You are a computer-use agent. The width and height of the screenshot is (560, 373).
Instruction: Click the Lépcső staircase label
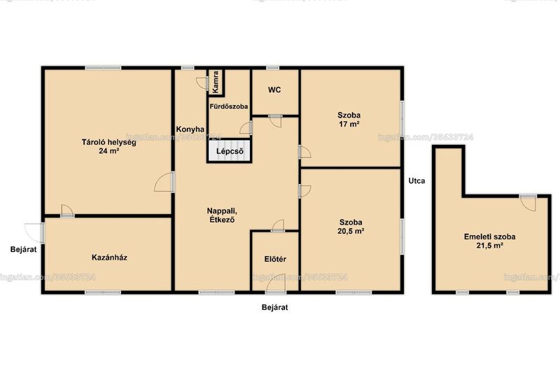pos(230,151)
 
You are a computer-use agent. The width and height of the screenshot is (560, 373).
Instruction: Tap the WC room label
pos(274,90)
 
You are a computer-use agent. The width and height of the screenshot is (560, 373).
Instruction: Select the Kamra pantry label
pos(216,82)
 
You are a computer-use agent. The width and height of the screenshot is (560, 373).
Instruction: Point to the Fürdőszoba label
pos(229,106)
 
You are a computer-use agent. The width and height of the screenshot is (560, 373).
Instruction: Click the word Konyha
pos(190,129)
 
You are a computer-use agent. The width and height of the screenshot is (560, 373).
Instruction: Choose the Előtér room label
pos(275,259)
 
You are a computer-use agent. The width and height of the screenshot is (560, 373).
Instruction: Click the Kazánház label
pos(109,258)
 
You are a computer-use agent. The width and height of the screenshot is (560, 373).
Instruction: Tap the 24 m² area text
pos(109,151)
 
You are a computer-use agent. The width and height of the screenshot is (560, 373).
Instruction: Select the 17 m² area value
pos(349,124)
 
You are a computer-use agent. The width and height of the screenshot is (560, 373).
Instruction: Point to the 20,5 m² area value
pos(351,231)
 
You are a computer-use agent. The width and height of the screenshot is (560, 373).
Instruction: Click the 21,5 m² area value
pos(489,246)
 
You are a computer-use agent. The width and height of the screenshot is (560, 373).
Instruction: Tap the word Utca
pos(416,181)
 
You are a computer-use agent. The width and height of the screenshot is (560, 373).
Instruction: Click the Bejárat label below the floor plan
pos(274,307)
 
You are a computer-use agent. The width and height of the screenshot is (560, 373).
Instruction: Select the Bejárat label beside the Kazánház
pos(23,250)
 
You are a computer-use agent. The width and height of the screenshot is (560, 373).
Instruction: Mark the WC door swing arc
pos(275,122)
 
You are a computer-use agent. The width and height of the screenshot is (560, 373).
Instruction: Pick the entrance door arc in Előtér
pos(275,283)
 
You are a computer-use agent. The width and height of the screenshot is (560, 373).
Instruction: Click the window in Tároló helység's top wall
pos(103,67)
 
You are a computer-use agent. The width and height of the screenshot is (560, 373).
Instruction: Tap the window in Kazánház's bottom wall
pos(103,293)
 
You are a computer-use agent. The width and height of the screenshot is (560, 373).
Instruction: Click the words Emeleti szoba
pos(489,237)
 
